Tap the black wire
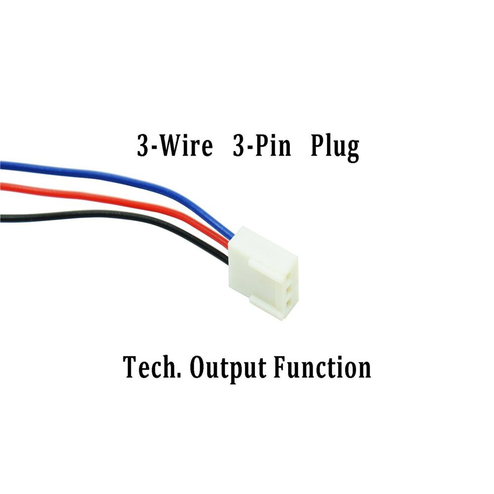[x=99, y=216]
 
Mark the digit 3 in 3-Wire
[x=143, y=147]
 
